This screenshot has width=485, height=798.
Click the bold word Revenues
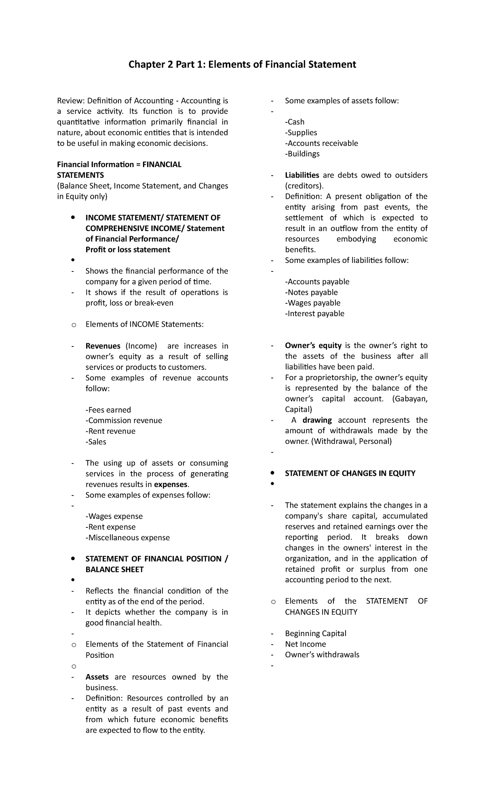coord(103,346)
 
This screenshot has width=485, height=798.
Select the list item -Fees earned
coord(108,410)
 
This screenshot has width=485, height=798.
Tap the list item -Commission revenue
coord(124,420)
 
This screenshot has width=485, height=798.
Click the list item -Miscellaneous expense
coord(128,538)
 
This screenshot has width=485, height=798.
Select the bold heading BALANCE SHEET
coord(114,569)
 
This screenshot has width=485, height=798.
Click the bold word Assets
coord(97,677)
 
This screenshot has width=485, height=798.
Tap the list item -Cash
coord(295,122)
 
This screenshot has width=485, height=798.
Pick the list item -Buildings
coord(302,154)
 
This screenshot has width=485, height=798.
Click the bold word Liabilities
coord(302,175)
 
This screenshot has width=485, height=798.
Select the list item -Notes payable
coord(311,292)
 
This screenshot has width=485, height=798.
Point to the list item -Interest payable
coord(314,314)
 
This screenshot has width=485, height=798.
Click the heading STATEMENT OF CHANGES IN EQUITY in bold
coord(350,473)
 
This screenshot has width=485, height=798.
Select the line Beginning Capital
coord(316,634)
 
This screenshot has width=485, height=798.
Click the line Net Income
coord(305,644)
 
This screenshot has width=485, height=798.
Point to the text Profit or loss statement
coord(128,250)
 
